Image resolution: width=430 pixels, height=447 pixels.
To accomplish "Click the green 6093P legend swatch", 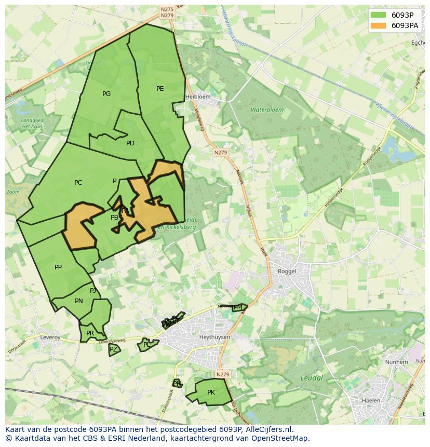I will coord(379,15).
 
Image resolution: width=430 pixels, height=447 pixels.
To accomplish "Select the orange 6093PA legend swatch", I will coord(379,25).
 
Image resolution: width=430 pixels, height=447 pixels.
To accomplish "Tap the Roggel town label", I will coord(287,271).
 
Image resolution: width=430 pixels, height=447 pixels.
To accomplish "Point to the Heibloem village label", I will coord(198,97).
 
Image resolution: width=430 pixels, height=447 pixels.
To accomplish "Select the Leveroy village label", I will coord(50,337).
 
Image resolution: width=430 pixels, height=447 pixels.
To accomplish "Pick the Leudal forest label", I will coord(312,378).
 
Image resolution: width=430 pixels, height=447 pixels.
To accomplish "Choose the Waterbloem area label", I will coord(267,110).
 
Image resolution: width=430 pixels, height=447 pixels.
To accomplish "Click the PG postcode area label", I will coord(106,94).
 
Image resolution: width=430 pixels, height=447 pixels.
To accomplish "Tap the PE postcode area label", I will coord(160,89).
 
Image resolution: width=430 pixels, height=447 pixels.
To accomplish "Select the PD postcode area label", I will coord(130,143).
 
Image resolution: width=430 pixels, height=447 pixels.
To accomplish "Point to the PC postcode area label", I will coord(78,183).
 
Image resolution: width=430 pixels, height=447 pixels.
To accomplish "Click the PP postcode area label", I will coord(58,267).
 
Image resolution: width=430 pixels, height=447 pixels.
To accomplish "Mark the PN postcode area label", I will coord(79,301).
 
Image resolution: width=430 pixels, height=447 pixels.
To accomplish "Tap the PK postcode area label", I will coord(211,392).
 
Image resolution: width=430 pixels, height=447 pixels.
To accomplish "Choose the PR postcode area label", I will coord(90,333).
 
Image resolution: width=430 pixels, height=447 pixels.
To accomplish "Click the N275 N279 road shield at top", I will coord(167,12).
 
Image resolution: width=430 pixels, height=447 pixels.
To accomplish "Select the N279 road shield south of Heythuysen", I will coord(222,374).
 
